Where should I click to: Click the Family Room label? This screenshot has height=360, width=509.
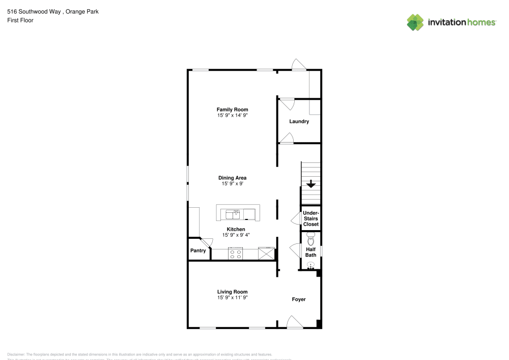(232, 109)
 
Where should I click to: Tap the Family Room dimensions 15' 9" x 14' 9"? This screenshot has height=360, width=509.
(232, 116)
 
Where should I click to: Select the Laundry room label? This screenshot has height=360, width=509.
(299, 122)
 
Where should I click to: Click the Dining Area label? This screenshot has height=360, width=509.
(232, 178)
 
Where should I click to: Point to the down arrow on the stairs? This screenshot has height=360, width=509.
(310, 185)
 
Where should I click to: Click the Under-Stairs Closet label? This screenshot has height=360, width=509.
(310, 218)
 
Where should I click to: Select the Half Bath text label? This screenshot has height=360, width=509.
(310, 252)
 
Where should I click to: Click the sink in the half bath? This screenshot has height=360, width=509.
(311, 265)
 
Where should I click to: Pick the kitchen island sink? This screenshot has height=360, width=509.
(236, 212)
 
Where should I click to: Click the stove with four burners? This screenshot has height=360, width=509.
(236, 254)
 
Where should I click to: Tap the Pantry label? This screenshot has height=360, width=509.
(198, 251)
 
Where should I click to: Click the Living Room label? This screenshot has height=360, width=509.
(232, 292)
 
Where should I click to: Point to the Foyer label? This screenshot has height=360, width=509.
(299, 299)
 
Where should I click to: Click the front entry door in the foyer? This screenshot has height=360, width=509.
(296, 322)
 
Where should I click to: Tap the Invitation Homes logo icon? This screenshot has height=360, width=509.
(415, 22)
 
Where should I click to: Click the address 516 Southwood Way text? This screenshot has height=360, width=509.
(35, 11)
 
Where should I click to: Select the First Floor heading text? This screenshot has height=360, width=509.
(20, 20)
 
